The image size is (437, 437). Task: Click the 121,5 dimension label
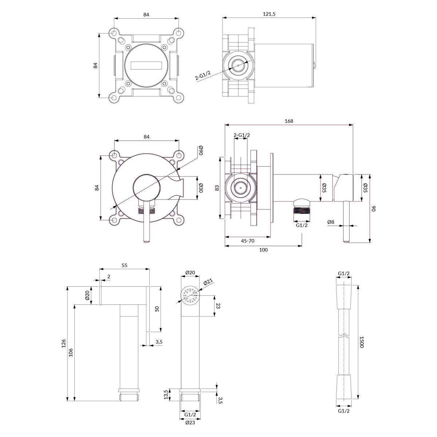pyautogui.click(x=269, y=14)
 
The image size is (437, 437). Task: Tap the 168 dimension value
pyautogui.click(x=289, y=121)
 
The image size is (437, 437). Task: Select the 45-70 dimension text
pyautogui.click(x=248, y=241)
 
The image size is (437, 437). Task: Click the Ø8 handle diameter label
pyautogui.click(x=331, y=222)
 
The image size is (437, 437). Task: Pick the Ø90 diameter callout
pyautogui.click(x=201, y=150)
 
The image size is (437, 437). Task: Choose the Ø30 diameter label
pyautogui.click(x=201, y=188)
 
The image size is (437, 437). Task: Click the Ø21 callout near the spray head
pyautogui.click(x=208, y=282)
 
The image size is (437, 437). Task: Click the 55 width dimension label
pyautogui.click(x=125, y=265)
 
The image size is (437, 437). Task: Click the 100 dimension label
pyautogui.click(x=263, y=250)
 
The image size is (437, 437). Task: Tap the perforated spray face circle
pyautogui.click(x=190, y=295)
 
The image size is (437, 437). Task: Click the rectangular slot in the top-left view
pyautogui.click(x=146, y=65)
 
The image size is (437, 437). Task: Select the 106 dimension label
pyautogui.click(x=71, y=353)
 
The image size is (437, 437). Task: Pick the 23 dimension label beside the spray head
pyautogui.click(x=218, y=306)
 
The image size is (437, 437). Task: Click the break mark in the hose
pyautogui.click(x=344, y=342)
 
